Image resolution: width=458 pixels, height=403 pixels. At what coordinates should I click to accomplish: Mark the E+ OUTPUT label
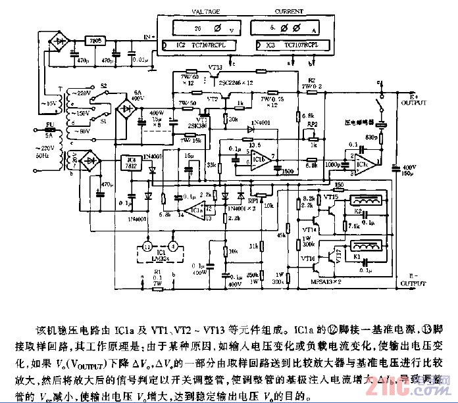(413, 101)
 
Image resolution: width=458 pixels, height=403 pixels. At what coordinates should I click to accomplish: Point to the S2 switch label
(103, 85)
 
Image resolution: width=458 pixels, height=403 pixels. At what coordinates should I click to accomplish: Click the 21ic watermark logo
(420, 388)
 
